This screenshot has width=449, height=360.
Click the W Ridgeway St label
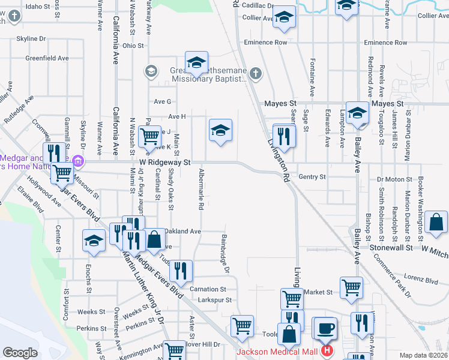point(164,163)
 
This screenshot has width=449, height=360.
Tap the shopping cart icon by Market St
point(351,288)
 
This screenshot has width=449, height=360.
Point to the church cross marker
point(256,74)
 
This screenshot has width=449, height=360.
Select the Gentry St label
point(312,177)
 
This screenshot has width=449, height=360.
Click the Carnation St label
point(207,289)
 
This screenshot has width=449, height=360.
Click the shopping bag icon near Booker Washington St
point(436,223)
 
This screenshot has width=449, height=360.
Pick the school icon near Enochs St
point(94,241)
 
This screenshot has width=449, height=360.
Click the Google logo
point(20,353)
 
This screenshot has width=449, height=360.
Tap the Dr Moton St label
point(394,179)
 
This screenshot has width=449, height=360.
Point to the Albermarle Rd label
point(202,189)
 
